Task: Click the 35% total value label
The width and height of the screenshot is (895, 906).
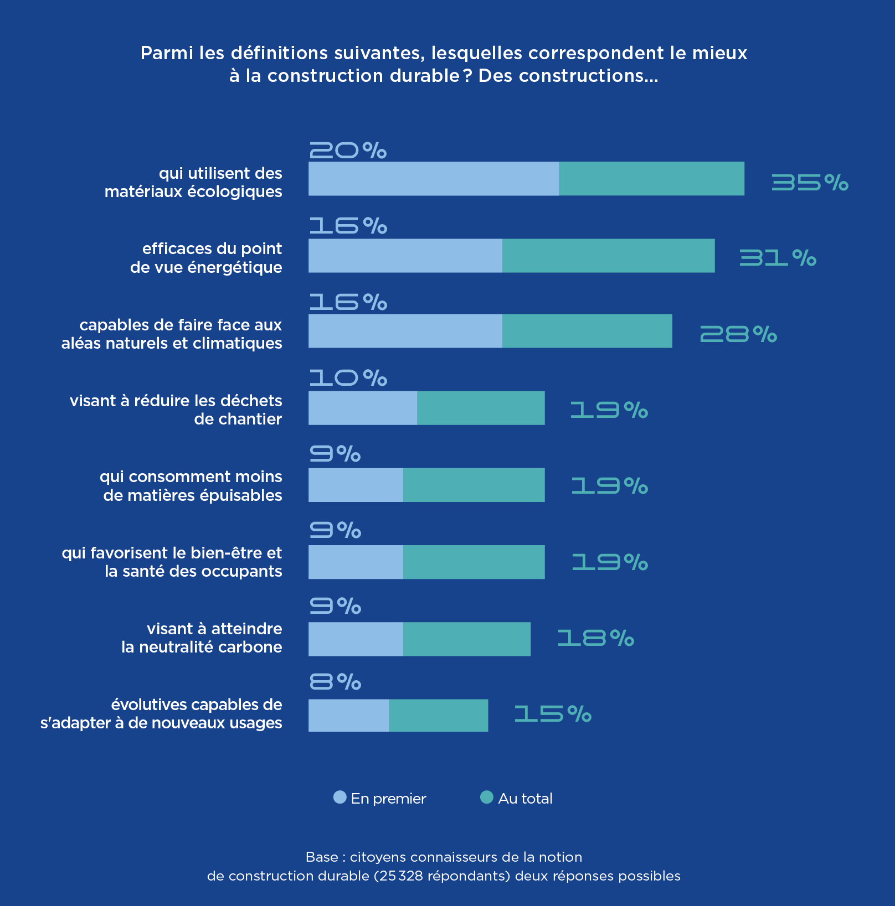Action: click(810, 182)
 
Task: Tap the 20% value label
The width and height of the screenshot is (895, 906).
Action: click(348, 150)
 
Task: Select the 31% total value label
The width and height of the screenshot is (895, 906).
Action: click(778, 257)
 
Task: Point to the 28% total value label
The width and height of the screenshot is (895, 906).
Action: click(738, 334)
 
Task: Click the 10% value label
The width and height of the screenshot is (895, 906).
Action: click(348, 378)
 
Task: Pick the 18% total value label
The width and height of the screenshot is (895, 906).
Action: click(595, 638)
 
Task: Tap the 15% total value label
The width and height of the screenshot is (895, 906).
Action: click(553, 714)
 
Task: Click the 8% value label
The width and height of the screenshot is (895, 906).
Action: click(335, 682)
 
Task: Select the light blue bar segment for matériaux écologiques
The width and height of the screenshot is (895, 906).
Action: click(433, 179)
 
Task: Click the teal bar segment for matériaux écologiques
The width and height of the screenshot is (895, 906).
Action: click(651, 179)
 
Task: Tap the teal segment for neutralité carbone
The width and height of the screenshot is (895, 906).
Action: click(466, 639)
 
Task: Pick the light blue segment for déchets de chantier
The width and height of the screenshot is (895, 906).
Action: click(362, 408)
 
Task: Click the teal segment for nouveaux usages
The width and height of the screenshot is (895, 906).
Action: click(438, 716)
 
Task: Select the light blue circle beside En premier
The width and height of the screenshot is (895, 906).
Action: click(340, 797)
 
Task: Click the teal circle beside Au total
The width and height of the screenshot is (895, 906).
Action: click(486, 797)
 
